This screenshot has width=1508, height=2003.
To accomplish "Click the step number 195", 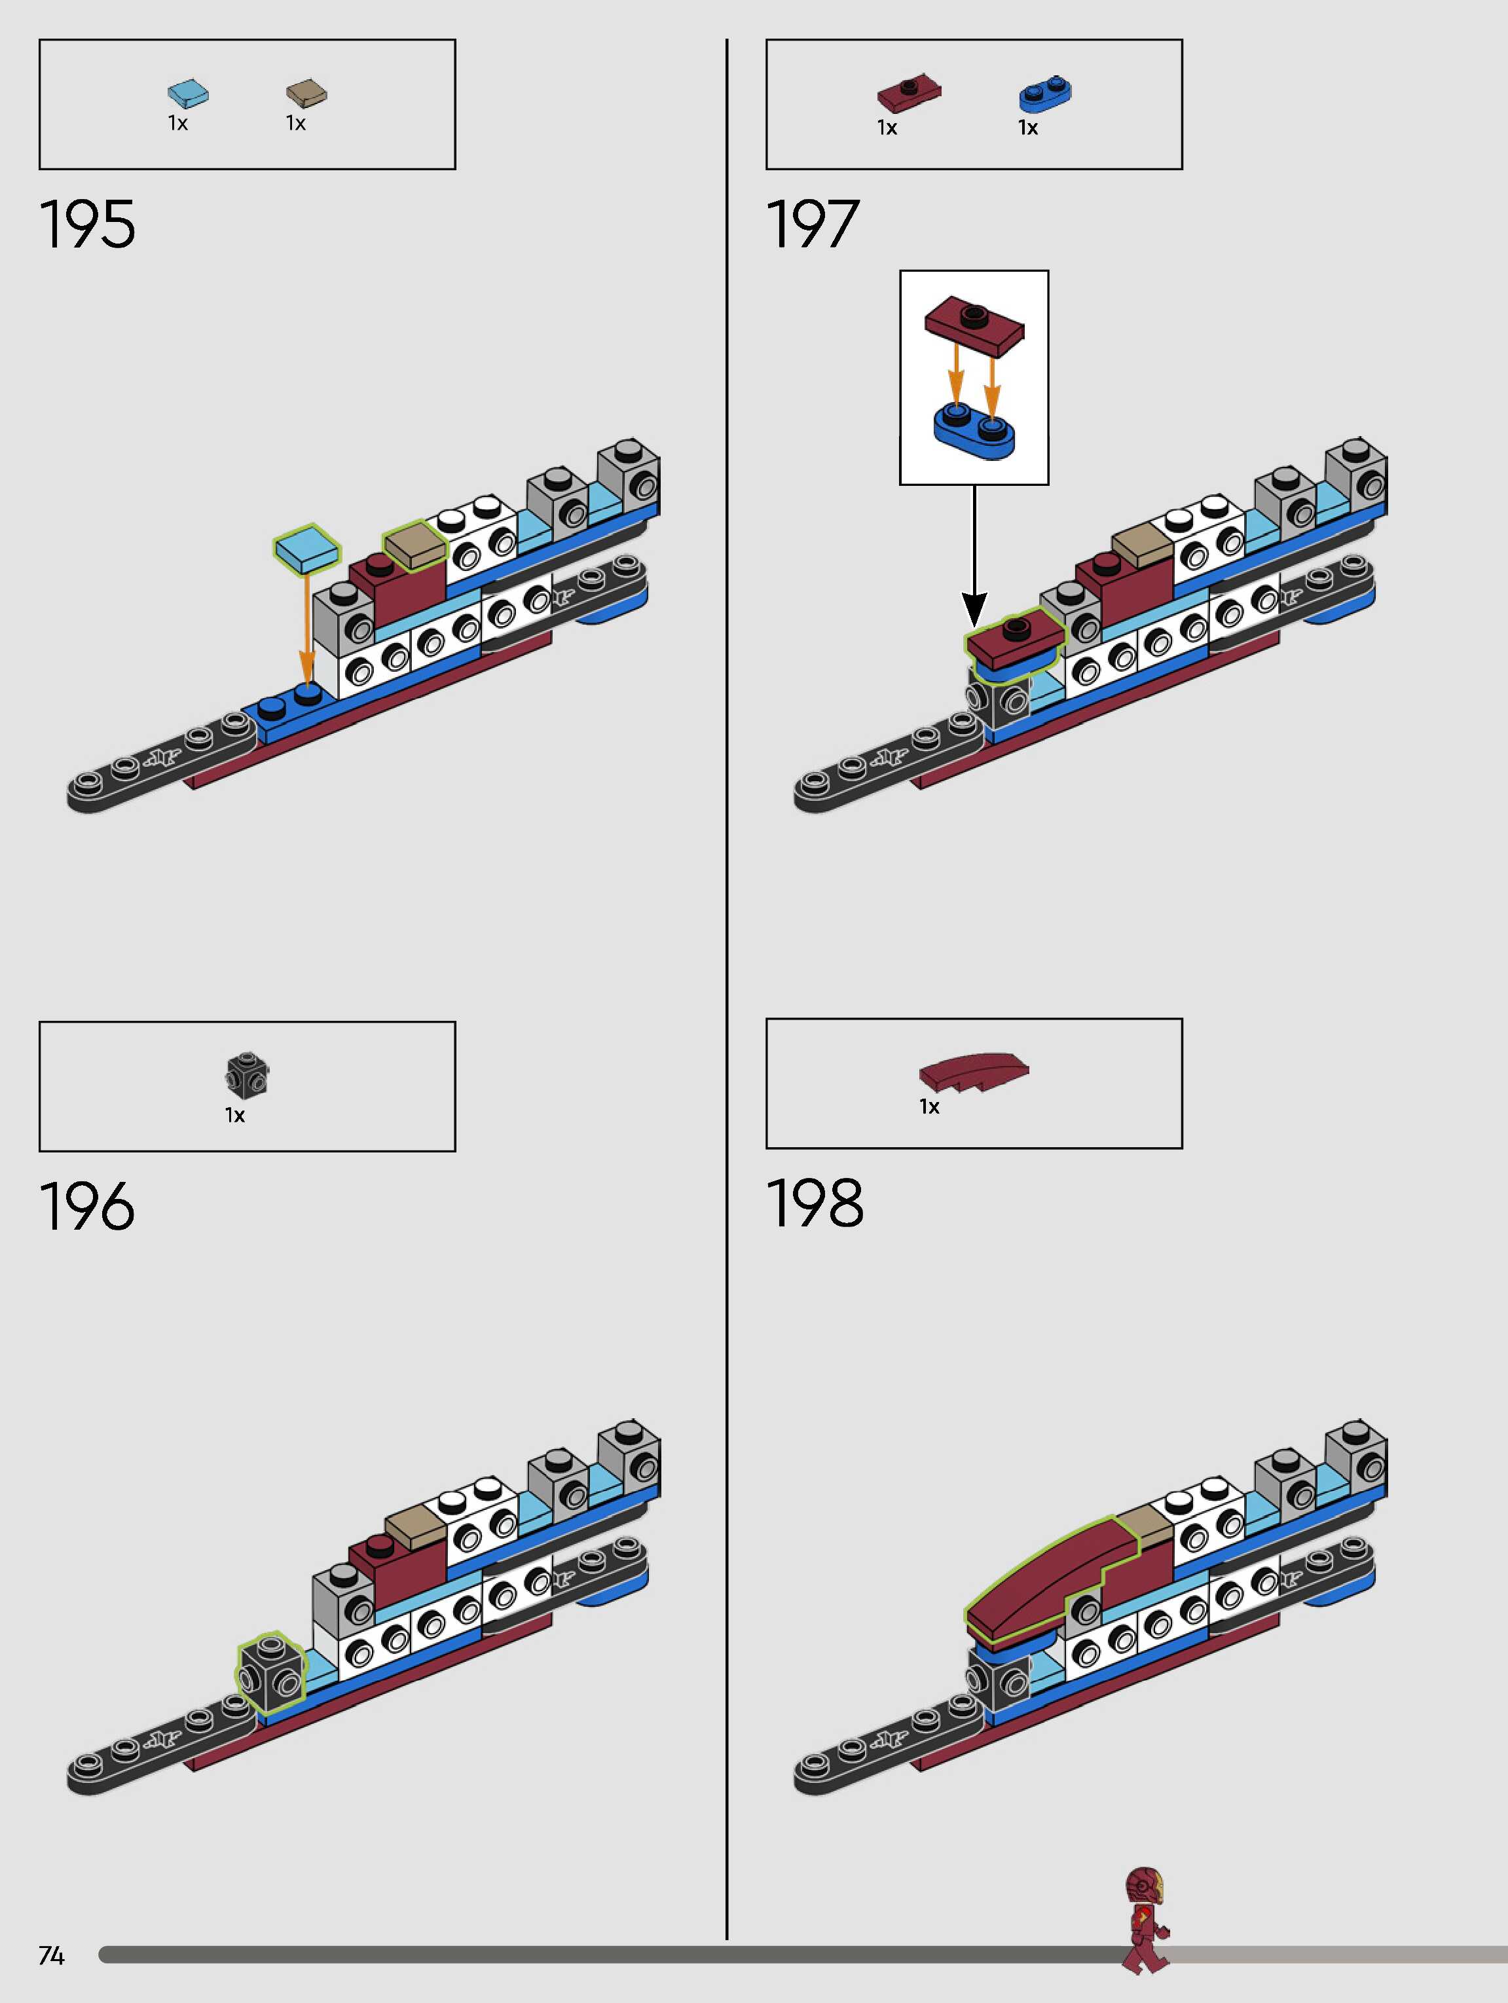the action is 87,225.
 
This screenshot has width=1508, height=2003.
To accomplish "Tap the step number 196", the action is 87,1206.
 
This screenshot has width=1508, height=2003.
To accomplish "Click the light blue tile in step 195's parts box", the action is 189,92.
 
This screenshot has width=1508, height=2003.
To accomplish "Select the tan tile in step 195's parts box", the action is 306,92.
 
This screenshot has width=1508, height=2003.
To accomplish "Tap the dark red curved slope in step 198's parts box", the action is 974,1071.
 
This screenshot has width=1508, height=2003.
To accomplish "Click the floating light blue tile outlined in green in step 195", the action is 307,549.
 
